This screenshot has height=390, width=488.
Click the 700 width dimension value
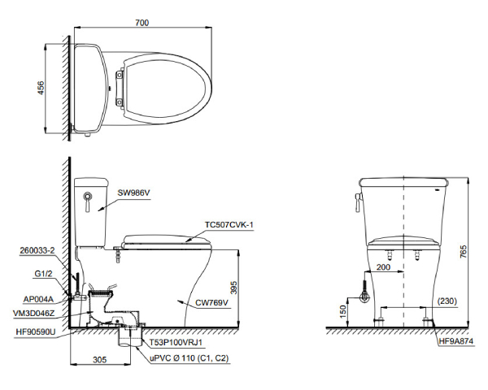pos(142,23)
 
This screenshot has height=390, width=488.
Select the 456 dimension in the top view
pos(41,88)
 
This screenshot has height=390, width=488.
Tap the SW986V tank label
pos(134,193)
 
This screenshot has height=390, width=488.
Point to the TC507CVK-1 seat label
pos(229,224)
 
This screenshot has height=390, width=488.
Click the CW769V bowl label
pos(211,302)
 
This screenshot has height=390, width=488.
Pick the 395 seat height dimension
pos(233,288)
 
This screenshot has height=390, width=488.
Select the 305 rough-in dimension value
pos(99,360)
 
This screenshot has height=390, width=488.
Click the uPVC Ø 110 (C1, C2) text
pos(190,358)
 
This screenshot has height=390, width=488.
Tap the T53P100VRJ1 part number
pos(176,342)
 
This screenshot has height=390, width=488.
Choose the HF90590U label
pos(36,332)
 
